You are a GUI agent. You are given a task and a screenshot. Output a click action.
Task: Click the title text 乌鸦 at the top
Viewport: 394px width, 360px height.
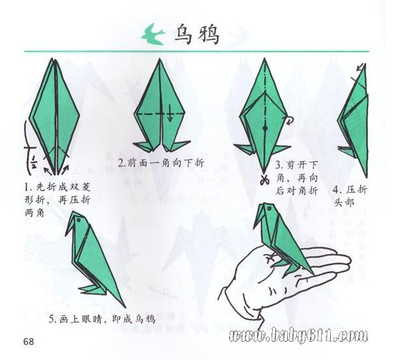click(197, 35)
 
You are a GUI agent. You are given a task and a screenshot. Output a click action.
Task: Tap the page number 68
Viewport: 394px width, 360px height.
click(29, 342)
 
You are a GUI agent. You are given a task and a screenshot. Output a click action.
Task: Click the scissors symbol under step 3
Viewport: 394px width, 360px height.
click(264, 180)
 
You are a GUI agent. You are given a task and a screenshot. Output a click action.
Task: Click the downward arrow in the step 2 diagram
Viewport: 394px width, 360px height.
click(171, 113)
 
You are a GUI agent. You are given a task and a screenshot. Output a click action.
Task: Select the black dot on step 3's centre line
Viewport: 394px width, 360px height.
click(265, 128)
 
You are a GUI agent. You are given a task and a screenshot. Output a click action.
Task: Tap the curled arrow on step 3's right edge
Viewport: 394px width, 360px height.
click(290, 120)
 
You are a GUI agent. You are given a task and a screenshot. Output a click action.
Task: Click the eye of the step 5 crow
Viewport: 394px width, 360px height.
click(79, 220)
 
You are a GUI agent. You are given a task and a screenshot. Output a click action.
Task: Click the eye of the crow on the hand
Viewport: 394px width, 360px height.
click(270, 208)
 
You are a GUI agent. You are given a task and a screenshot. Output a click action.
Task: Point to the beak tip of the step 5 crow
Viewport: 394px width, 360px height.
click(66, 235)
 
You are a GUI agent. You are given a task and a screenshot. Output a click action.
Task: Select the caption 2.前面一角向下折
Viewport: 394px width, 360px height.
click(161, 163)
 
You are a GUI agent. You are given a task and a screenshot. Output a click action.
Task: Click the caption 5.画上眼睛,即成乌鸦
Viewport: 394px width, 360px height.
click(102, 319)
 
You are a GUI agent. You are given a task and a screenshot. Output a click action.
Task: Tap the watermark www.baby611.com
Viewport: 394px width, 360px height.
click(298, 335)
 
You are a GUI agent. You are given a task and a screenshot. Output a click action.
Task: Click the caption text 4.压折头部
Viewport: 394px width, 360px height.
click(350, 196)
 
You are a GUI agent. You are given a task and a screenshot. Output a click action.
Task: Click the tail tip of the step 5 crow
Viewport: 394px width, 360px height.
click(125, 307)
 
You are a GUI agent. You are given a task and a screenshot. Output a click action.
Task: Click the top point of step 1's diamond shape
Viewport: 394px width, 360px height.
click(53, 59)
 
